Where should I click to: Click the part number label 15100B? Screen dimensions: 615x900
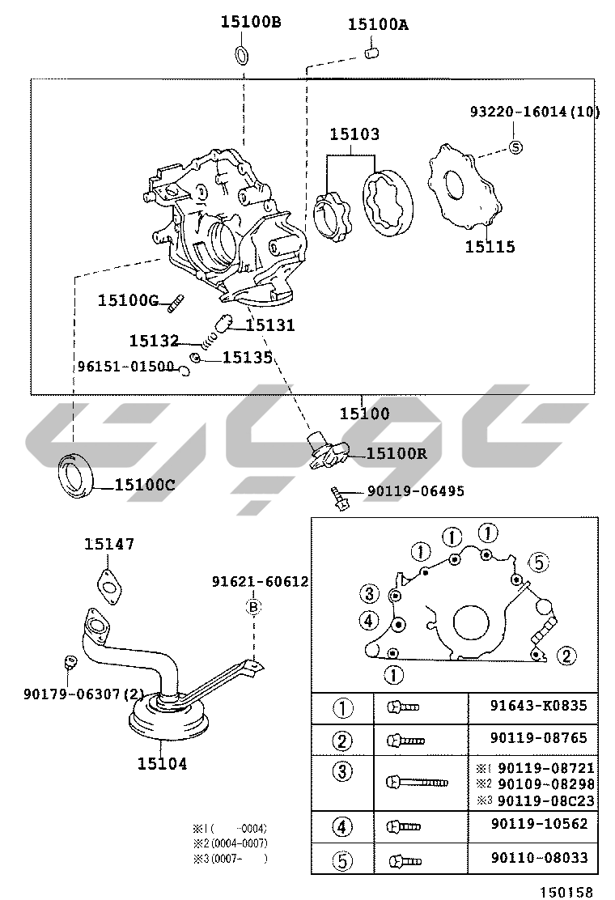[x=251, y=23]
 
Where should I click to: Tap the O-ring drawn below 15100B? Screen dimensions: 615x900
[x=243, y=56]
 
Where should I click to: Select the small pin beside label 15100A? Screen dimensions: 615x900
[x=371, y=53]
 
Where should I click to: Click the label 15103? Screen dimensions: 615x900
[x=354, y=134]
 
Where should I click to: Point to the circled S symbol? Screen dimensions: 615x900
[x=515, y=147]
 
